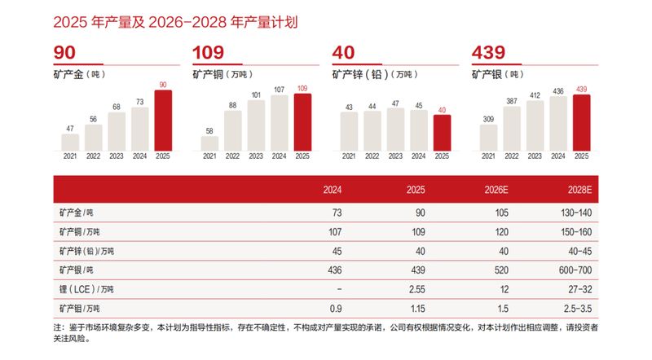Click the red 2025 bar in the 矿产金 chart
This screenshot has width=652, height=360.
pyautogui.click(x=164, y=120)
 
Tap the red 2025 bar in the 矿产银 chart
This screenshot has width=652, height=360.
pyautogui.click(x=582, y=122)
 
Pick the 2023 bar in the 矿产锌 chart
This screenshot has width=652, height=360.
pyautogui.click(x=395, y=129)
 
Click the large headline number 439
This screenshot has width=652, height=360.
pyautogui.click(x=490, y=53)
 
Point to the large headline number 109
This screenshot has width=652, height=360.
pyautogui.click(x=208, y=53)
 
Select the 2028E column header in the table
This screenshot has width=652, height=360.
pyautogui.click(x=588, y=190)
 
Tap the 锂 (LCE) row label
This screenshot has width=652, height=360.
pyautogui.click(x=86, y=288)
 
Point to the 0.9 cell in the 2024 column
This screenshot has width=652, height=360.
pyautogui.click(x=334, y=309)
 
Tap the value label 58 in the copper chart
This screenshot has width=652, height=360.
pyautogui.click(x=210, y=130)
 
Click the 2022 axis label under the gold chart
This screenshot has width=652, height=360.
pyautogui.click(x=94, y=156)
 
